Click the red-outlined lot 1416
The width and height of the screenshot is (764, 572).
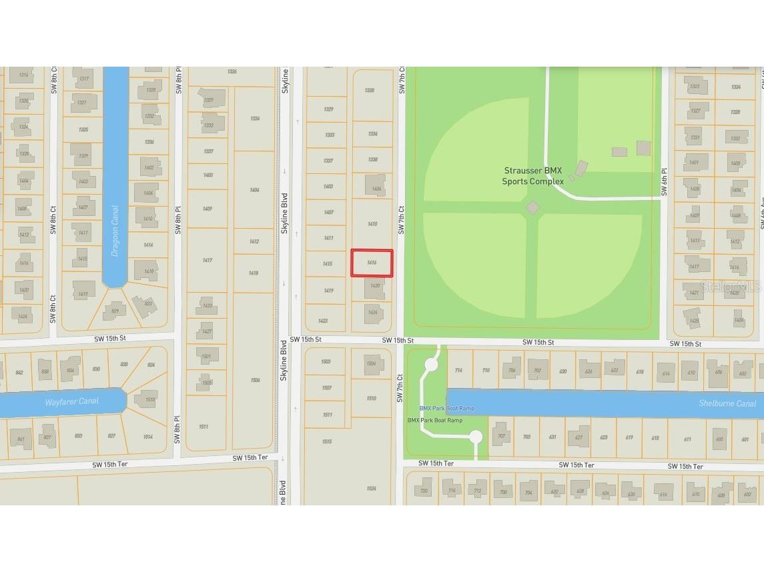click(x=372, y=263)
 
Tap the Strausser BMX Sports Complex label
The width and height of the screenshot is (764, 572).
click(x=533, y=176)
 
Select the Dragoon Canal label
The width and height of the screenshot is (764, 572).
click(x=115, y=231)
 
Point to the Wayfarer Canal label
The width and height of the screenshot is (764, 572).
click(x=71, y=401)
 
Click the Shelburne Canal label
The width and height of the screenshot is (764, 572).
click(x=727, y=403)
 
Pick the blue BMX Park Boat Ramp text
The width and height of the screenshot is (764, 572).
click(x=446, y=408)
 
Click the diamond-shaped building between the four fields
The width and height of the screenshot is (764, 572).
click(x=532, y=208)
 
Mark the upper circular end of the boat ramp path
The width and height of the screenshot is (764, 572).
click(x=431, y=365)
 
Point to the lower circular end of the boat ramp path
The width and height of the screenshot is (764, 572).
click(x=475, y=437)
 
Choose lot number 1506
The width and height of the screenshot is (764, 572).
click(x=255, y=380)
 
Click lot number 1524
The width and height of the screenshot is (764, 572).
click(x=371, y=489)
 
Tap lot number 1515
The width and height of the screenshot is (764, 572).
click(x=327, y=441)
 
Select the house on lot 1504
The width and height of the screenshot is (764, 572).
click(x=372, y=364)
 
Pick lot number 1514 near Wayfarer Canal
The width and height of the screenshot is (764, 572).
click(x=147, y=437)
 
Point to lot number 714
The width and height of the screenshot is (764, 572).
click(x=458, y=371)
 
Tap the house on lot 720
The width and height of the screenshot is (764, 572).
click(x=424, y=491)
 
